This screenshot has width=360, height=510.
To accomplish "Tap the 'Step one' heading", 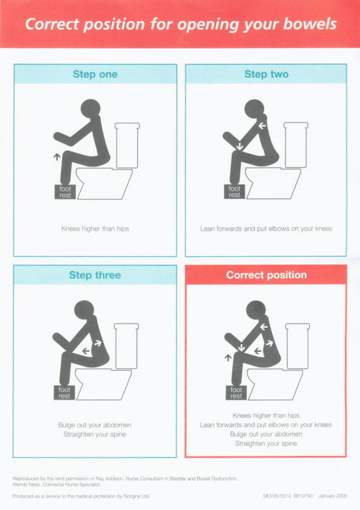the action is tap(95, 74).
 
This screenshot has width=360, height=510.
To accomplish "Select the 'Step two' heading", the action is tap(266, 74).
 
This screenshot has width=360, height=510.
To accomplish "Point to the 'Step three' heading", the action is tap(95, 275).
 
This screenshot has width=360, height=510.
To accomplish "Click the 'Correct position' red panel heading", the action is tap(266, 275).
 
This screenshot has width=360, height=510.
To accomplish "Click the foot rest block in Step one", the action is tap(65, 192).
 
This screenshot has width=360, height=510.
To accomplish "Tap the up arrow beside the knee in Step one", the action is tap(57, 157).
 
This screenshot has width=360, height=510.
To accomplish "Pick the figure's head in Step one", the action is tap(90, 108).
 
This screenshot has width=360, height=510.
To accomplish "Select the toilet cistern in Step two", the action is tap(296, 145).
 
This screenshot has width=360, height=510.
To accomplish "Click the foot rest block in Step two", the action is tap(234, 192).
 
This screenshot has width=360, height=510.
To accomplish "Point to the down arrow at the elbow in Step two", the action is tap(240, 145).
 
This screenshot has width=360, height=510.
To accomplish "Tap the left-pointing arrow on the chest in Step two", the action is tap(262, 126).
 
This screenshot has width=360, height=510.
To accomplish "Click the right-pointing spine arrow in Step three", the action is tap(97, 343).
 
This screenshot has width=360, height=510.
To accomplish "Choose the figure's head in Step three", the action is tap(84, 310).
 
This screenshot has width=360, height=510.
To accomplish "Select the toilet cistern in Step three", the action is tap(127, 346).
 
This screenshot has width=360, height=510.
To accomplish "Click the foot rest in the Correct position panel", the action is tap(236, 393).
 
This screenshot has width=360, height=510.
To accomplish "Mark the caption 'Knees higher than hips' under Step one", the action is tap(95, 229).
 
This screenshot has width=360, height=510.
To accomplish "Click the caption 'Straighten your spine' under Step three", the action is tap(95, 434).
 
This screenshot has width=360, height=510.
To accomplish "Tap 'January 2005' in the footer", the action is tap(333, 496).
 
